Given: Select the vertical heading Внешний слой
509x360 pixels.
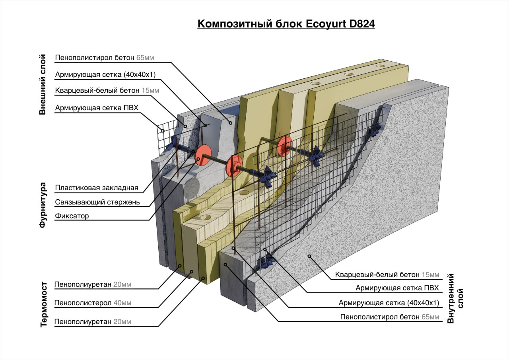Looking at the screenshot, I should pos(43,85).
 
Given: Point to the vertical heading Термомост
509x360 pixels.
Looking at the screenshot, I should pos(44,304).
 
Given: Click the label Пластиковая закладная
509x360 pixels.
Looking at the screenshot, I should pos(97,188).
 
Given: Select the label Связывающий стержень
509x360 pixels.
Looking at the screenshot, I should pos(97,202).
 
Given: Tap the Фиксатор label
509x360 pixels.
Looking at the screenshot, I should pos(72,216).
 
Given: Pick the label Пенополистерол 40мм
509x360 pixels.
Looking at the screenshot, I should pos(93,303).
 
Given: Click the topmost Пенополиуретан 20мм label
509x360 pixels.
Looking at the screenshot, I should pos(93,285).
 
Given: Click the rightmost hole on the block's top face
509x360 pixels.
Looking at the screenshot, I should pos(380,66).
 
